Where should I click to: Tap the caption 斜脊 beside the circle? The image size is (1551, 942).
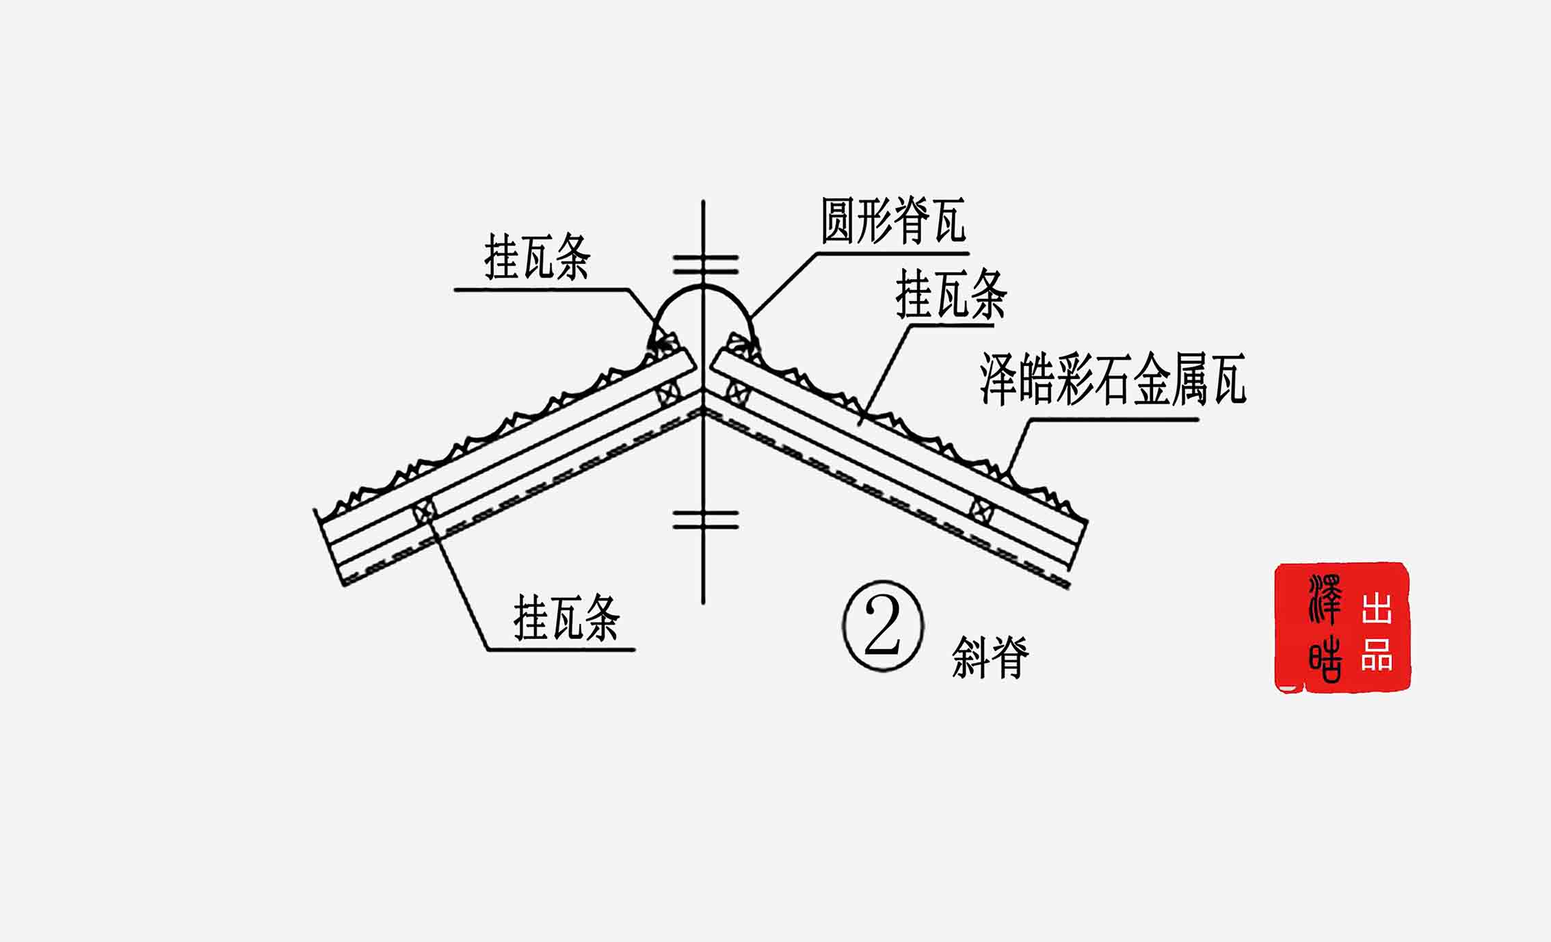pyautogui.click(x=990, y=657)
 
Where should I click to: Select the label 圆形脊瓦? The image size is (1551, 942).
pyautogui.click(x=893, y=220)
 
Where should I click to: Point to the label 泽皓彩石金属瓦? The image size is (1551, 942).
pyautogui.click(x=1113, y=379)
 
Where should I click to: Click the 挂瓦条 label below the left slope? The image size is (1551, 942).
pyautogui.click(x=566, y=618)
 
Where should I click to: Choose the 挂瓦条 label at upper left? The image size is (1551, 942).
pyautogui.click(x=537, y=257)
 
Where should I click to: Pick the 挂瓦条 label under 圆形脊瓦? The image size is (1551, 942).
pyautogui.click(x=951, y=294)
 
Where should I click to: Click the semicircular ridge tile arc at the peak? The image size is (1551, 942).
pyautogui.click(x=702, y=290)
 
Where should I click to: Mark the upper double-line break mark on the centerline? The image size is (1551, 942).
pyautogui.click(x=705, y=265)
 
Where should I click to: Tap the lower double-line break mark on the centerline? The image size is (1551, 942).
pyautogui.click(x=705, y=520)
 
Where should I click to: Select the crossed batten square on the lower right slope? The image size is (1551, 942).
pyautogui.click(x=982, y=510)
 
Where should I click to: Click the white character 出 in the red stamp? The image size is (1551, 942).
pyautogui.click(x=1377, y=608)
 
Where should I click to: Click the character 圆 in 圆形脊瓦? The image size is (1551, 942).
pyautogui.click(x=838, y=220)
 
